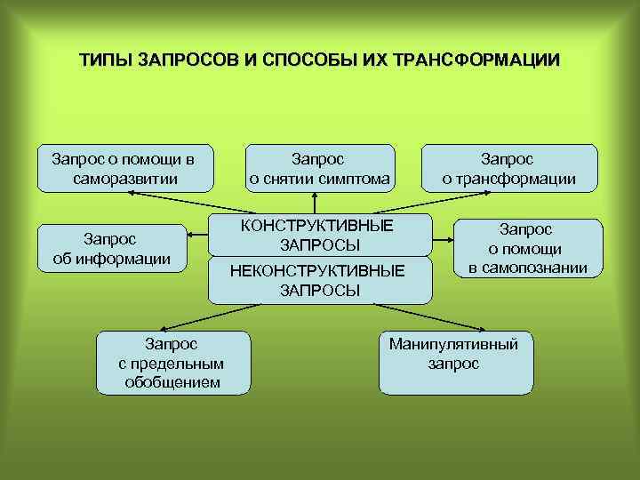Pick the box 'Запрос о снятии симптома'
tap(319, 168)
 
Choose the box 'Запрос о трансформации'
tap(508, 168)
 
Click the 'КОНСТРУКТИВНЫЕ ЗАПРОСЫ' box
tap(319, 234)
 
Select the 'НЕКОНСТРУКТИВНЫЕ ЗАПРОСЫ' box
tap(319, 279)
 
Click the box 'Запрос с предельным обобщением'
tap(172, 362)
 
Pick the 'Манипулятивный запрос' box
tap(454, 362)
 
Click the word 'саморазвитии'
tap(126, 179)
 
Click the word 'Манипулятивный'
tap(453, 343)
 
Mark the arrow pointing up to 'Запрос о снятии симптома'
tap(315, 203)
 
